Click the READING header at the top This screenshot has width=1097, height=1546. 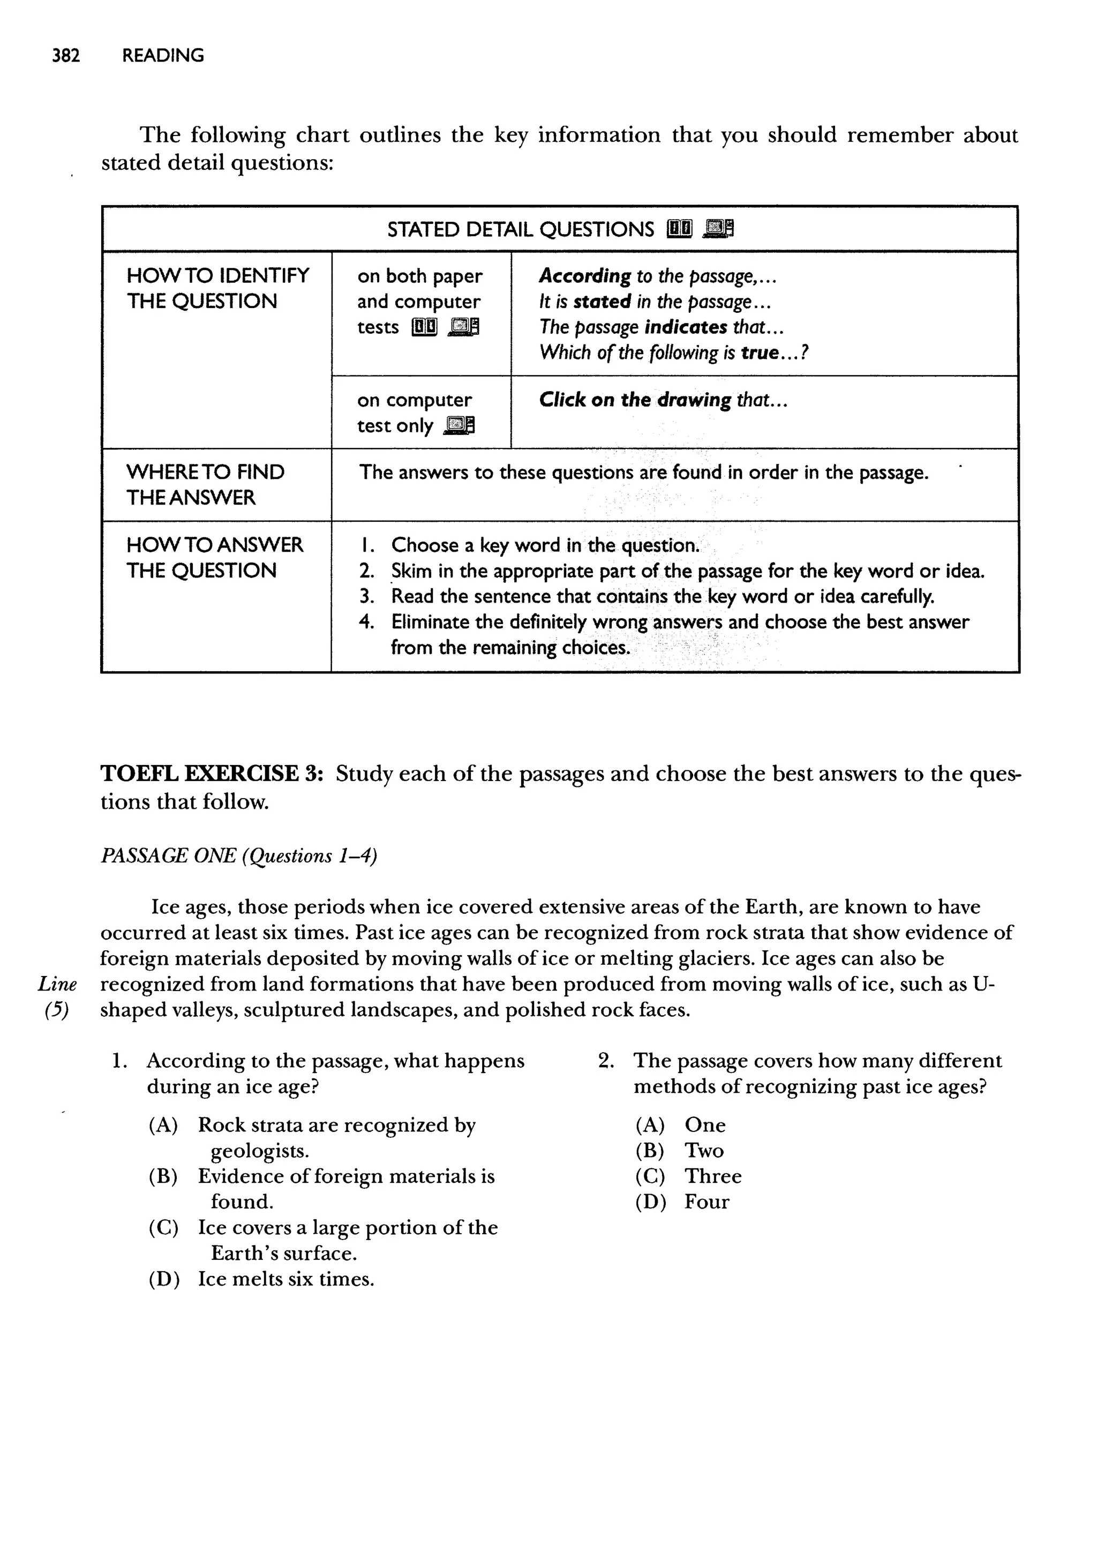(163, 55)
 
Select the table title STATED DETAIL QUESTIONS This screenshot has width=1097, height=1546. (520, 230)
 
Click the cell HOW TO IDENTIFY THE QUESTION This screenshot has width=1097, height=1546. (217, 288)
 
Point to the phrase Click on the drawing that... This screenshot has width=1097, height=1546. (663, 400)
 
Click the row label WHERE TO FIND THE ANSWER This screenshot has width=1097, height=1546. (205, 484)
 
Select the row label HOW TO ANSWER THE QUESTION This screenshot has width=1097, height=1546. (214, 557)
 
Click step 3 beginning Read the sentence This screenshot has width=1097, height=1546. (662, 596)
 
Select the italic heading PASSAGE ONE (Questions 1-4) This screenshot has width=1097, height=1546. (238, 855)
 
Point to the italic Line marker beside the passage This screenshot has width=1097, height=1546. (57, 984)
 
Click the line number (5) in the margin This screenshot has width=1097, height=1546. (57, 1010)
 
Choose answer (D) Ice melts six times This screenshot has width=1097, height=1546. (262, 1279)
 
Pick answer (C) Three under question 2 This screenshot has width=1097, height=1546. (688, 1176)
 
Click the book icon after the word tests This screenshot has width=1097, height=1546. (424, 327)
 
